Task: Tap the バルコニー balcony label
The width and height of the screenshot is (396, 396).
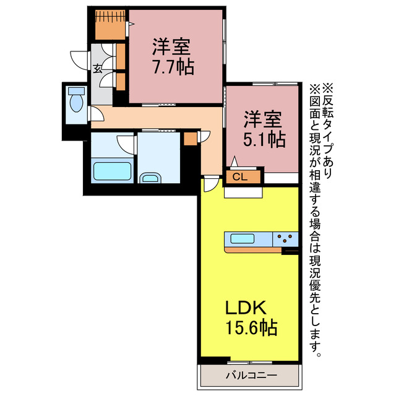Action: pos(251,375)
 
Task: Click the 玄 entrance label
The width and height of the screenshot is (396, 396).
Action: pos(98,68)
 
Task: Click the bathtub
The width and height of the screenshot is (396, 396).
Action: pos(111,171)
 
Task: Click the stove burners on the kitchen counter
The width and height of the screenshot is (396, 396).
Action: pos(286,238)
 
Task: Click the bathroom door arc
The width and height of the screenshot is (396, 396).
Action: pos(127,144)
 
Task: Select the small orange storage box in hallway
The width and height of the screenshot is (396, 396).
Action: pos(189,138)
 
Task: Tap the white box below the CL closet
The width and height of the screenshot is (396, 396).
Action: pos(243,192)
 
